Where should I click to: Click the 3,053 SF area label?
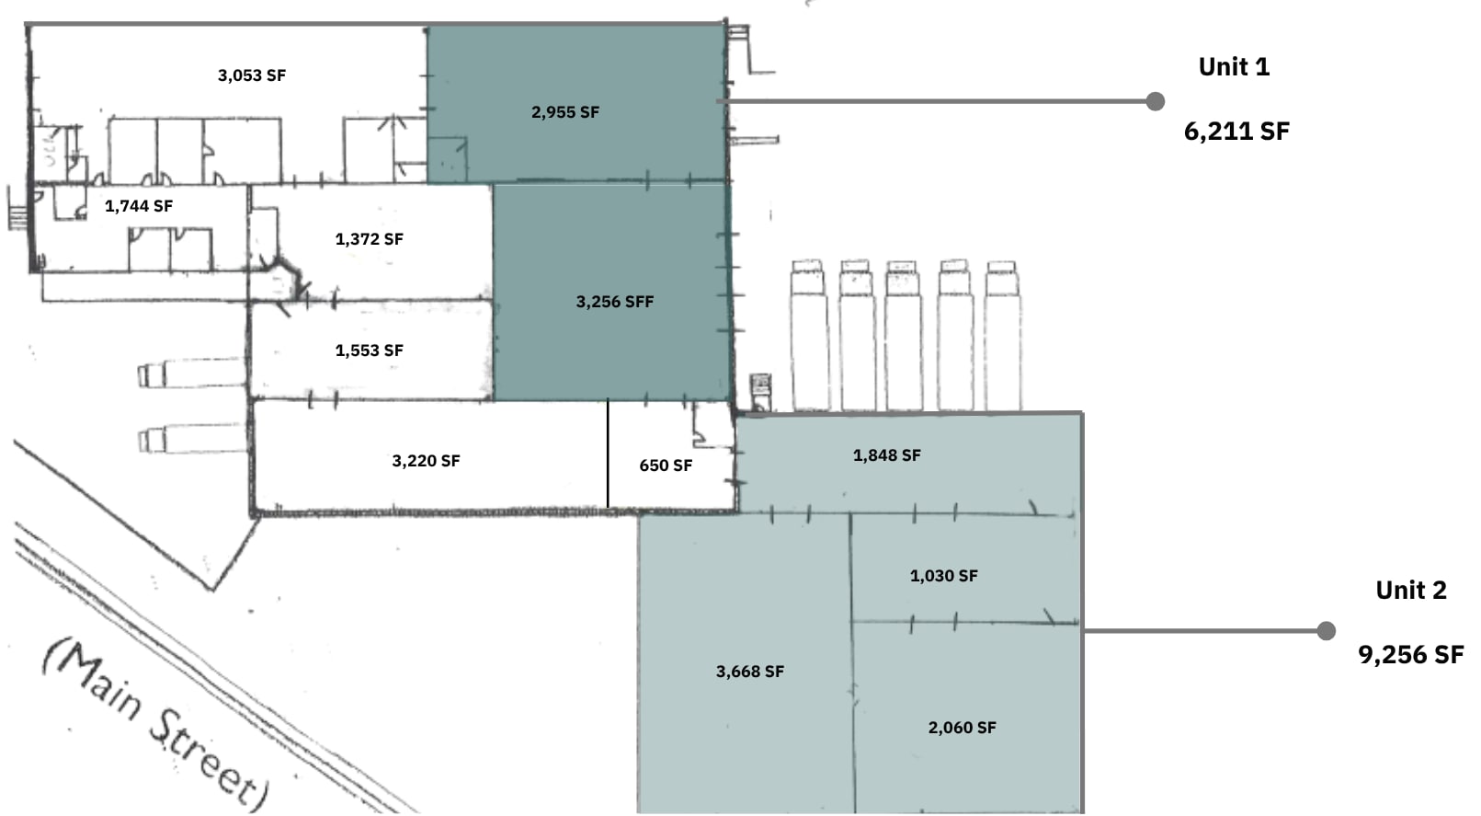tap(252, 75)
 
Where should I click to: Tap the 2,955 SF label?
tap(565, 112)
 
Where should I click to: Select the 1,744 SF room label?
tap(139, 206)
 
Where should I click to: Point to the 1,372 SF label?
tap(369, 239)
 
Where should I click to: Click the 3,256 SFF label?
tap(615, 302)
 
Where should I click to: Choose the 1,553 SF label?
tap(369, 351)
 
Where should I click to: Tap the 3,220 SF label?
tap(426, 461)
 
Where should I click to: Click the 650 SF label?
tap(666, 465)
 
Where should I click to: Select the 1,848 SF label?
tap(886, 455)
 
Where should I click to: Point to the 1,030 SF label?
tap(943, 576)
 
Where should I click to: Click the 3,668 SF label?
tap(750, 672)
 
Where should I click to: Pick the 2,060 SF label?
tap(962, 728)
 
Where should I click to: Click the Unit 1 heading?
tap(1234, 67)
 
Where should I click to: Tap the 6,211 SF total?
tap(1236, 131)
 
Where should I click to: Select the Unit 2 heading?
tap(1411, 591)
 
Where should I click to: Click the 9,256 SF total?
tap(1411, 654)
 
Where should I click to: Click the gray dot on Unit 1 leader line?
tap(1155, 101)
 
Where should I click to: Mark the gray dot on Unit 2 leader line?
tap(1326, 631)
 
